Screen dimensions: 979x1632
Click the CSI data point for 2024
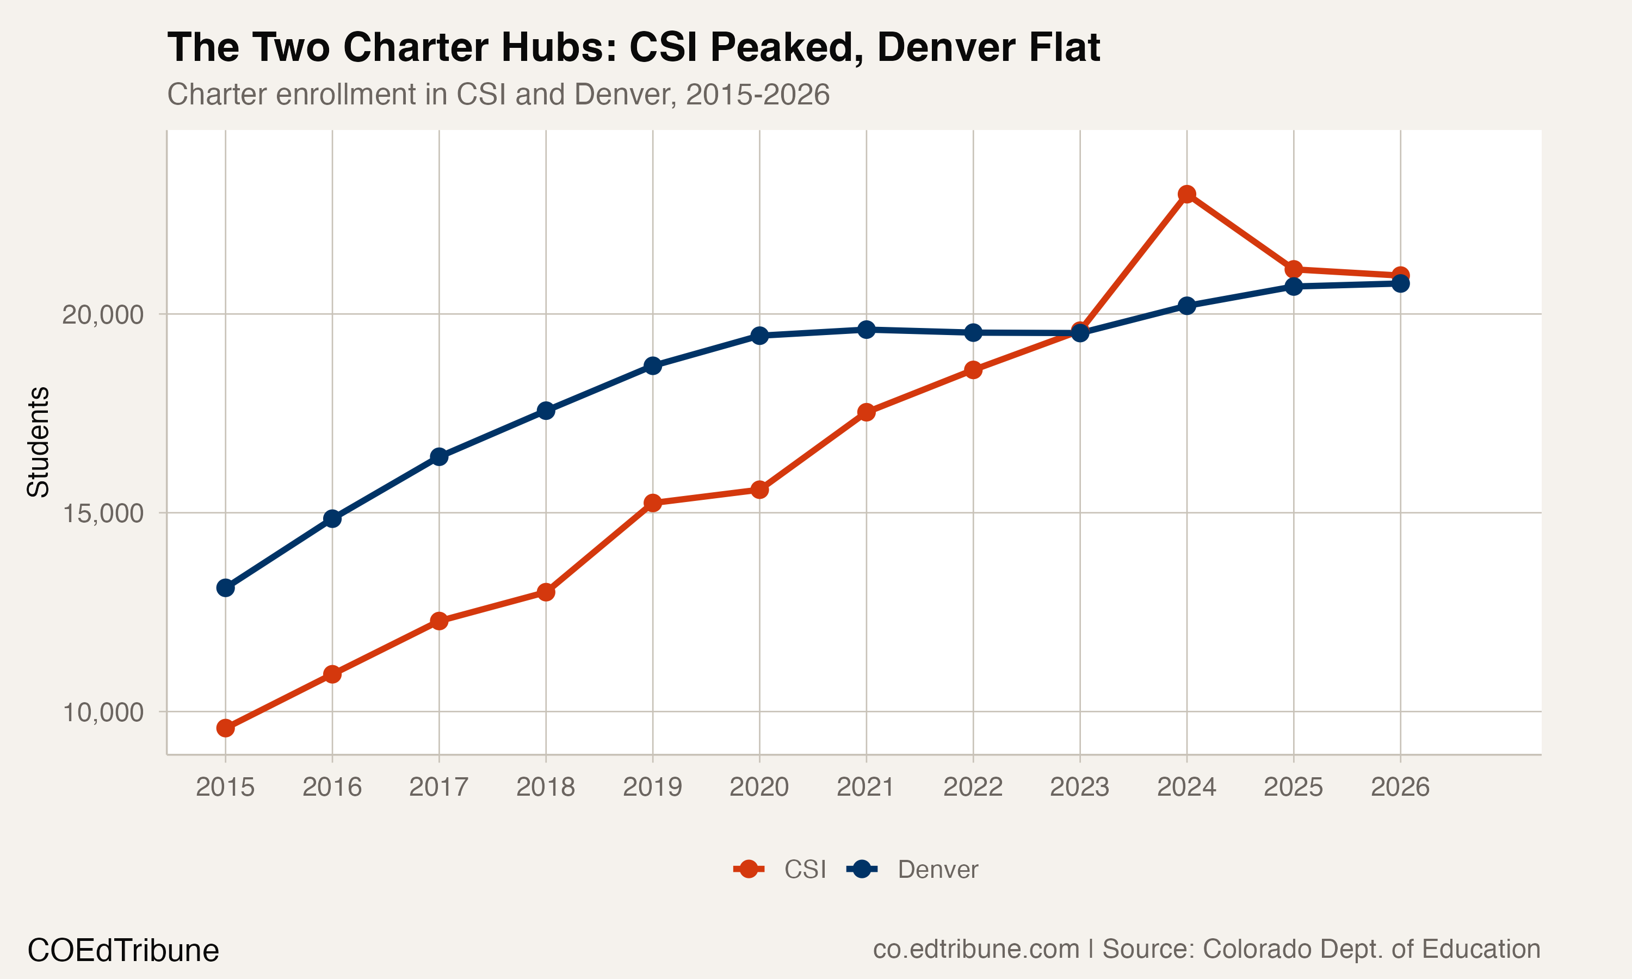(x=1186, y=194)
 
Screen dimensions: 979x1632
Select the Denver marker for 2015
(x=226, y=587)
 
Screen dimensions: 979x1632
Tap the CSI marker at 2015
(x=226, y=728)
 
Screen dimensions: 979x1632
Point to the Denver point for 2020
(x=759, y=336)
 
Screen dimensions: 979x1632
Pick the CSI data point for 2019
(x=652, y=503)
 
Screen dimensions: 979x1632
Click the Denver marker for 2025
(x=1294, y=286)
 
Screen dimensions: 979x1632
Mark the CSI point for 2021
(x=866, y=412)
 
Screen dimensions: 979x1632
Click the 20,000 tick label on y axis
(x=102, y=315)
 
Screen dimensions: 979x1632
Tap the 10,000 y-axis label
(x=102, y=712)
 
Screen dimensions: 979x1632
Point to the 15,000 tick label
(x=102, y=513)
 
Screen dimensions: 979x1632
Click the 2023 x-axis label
(x=1079, y=787)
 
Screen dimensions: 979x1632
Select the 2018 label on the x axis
(x=546, y=787)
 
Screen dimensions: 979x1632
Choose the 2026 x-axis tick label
(x=1400, y=787)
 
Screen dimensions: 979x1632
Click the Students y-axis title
(x=38, y=442)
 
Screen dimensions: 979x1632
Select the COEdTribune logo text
(x=123, y=951)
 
